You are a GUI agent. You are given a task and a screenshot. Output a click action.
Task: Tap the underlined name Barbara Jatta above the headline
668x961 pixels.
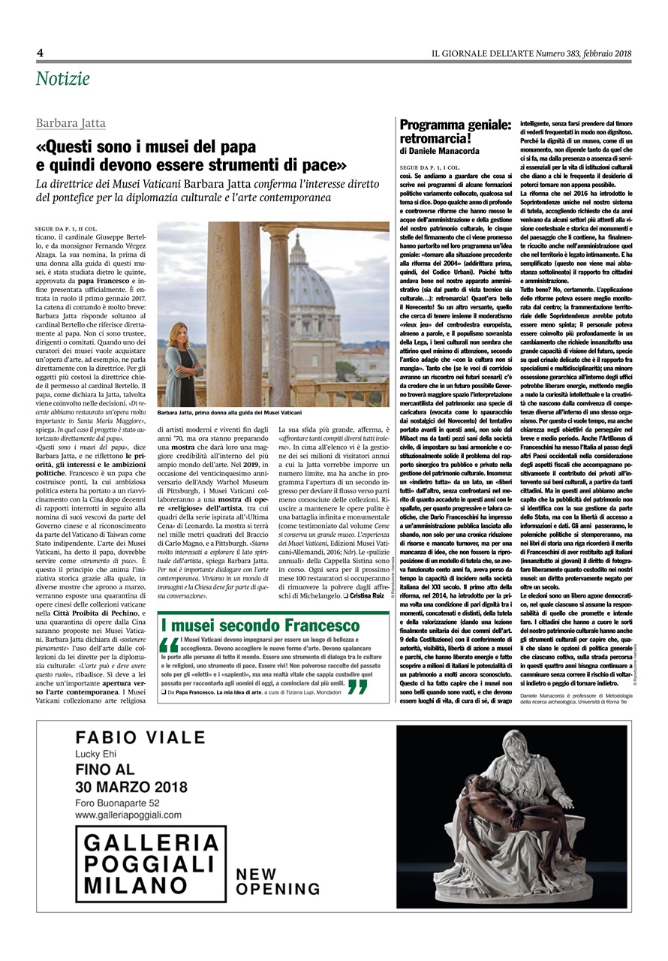click(x=71, y=123)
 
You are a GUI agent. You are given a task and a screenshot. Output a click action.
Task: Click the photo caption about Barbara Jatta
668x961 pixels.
click(x=230, y=414)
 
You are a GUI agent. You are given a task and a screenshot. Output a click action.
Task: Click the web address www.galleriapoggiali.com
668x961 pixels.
click(x=128, y=814)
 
